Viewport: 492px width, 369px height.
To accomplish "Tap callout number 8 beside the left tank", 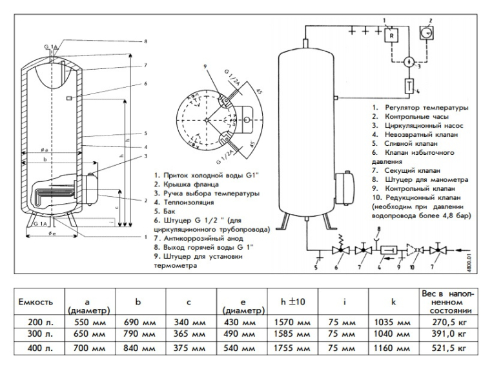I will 145,41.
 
